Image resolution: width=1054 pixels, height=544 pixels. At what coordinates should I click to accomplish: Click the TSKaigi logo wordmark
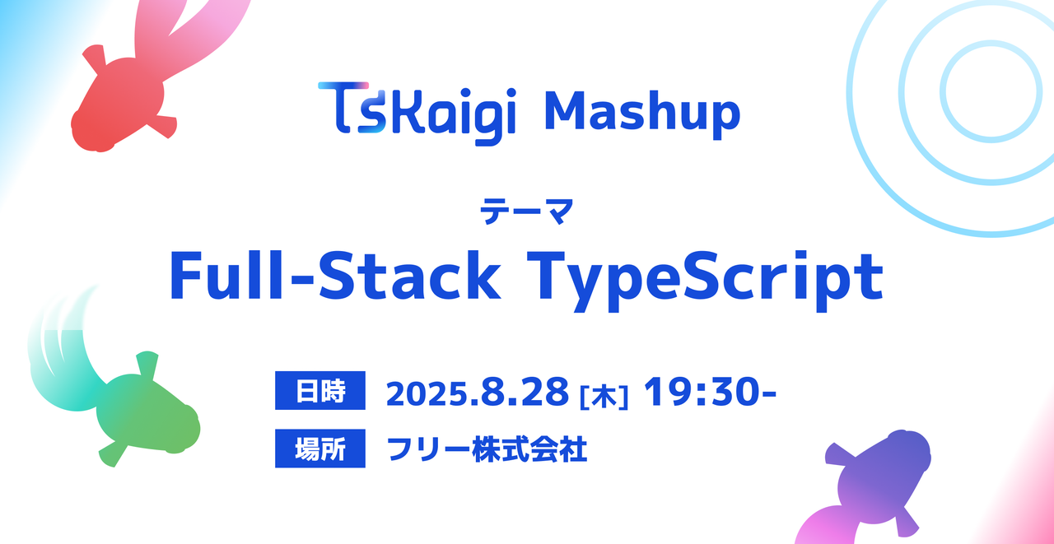tap(417, 114)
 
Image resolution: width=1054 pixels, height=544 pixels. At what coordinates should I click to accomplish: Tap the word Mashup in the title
tap(643, 114)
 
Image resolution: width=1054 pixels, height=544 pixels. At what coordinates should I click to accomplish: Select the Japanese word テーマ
tap(526, 212)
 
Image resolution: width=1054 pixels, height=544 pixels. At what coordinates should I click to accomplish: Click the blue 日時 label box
tap(320, 390)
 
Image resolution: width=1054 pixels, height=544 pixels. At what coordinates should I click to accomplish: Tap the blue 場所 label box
tap(320, 448)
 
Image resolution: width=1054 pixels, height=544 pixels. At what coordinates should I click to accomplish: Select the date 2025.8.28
tap(477, 392)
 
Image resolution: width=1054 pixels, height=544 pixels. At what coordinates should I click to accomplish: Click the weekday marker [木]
tap(604, 398)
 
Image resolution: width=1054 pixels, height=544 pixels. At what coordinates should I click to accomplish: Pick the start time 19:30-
tap(710, 391)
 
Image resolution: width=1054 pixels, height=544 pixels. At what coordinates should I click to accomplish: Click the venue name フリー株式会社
tap(487, 449)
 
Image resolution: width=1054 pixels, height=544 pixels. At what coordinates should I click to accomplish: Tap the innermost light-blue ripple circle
tap(941, 91)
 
